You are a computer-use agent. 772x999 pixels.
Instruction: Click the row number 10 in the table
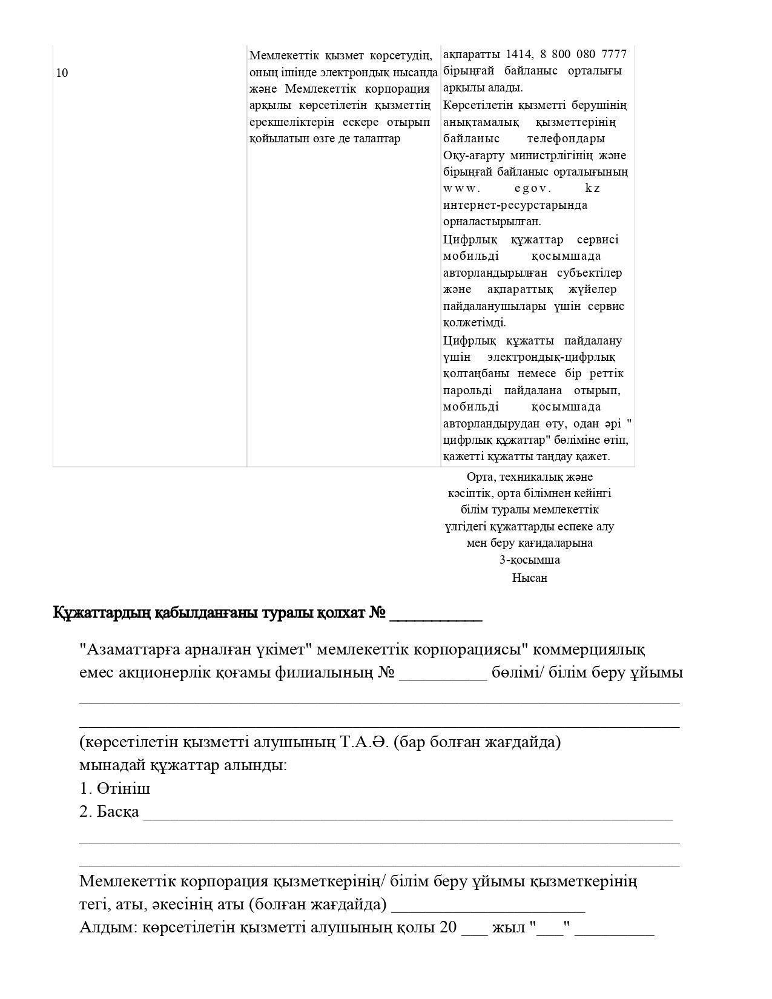62,73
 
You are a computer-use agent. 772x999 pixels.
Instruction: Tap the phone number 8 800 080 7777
583,54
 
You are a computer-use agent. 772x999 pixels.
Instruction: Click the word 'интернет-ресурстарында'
515,205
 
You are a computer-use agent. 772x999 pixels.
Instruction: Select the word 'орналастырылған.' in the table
492,222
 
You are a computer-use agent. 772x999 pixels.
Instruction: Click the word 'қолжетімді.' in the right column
474,323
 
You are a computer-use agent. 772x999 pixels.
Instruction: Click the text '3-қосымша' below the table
529,560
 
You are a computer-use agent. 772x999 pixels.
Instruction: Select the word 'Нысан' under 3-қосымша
529,578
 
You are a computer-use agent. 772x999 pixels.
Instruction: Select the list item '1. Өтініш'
114,789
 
